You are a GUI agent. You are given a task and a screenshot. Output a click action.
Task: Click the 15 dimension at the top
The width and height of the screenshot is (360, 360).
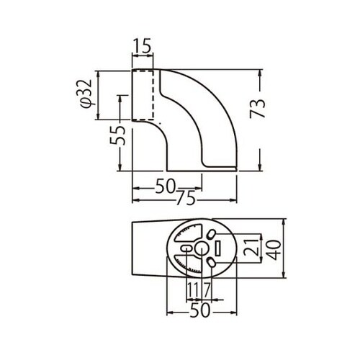pyautogui.click(x=143, y=45)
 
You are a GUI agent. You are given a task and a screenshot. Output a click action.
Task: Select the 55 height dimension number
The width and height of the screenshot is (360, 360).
pyautogui.click(x=118, y=135)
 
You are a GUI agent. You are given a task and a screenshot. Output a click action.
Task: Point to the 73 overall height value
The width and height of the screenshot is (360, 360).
pyautogui.click(x=257, y=109)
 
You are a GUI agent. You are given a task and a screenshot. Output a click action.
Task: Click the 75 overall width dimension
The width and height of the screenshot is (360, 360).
pyautogui.click(x=185, y=199)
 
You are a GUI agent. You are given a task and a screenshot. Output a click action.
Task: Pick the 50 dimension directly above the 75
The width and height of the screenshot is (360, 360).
pyautogui.click(x=166, y=186)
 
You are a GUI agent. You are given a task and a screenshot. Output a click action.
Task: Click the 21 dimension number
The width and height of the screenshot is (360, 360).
pyautogui.click(x=251, y=247)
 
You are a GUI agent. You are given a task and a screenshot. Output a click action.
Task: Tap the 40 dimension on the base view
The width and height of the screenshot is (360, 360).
pyautogui.click(x=274, y=250)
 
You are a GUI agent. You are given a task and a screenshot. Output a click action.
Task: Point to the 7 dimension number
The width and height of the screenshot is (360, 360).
pyautogui.click(x=207, y=289)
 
